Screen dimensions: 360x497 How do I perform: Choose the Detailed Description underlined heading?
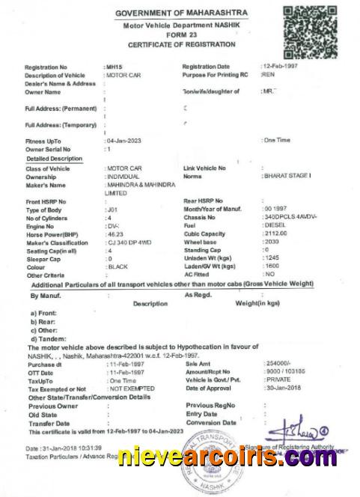(54, 159)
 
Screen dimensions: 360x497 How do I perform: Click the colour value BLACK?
(118, 266)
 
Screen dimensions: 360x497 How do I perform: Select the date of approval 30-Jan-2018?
(283, 388)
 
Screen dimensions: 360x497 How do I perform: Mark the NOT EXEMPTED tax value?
(132, 388)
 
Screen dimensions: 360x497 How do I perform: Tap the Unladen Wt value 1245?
(271, 258)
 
